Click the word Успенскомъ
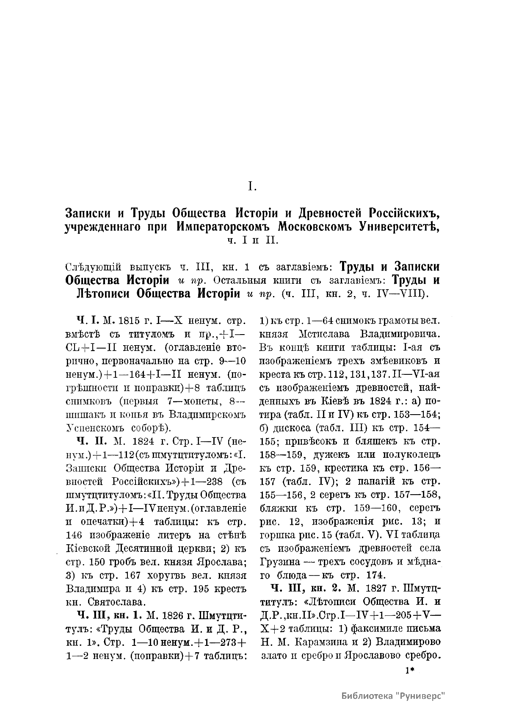pos(95,428)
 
